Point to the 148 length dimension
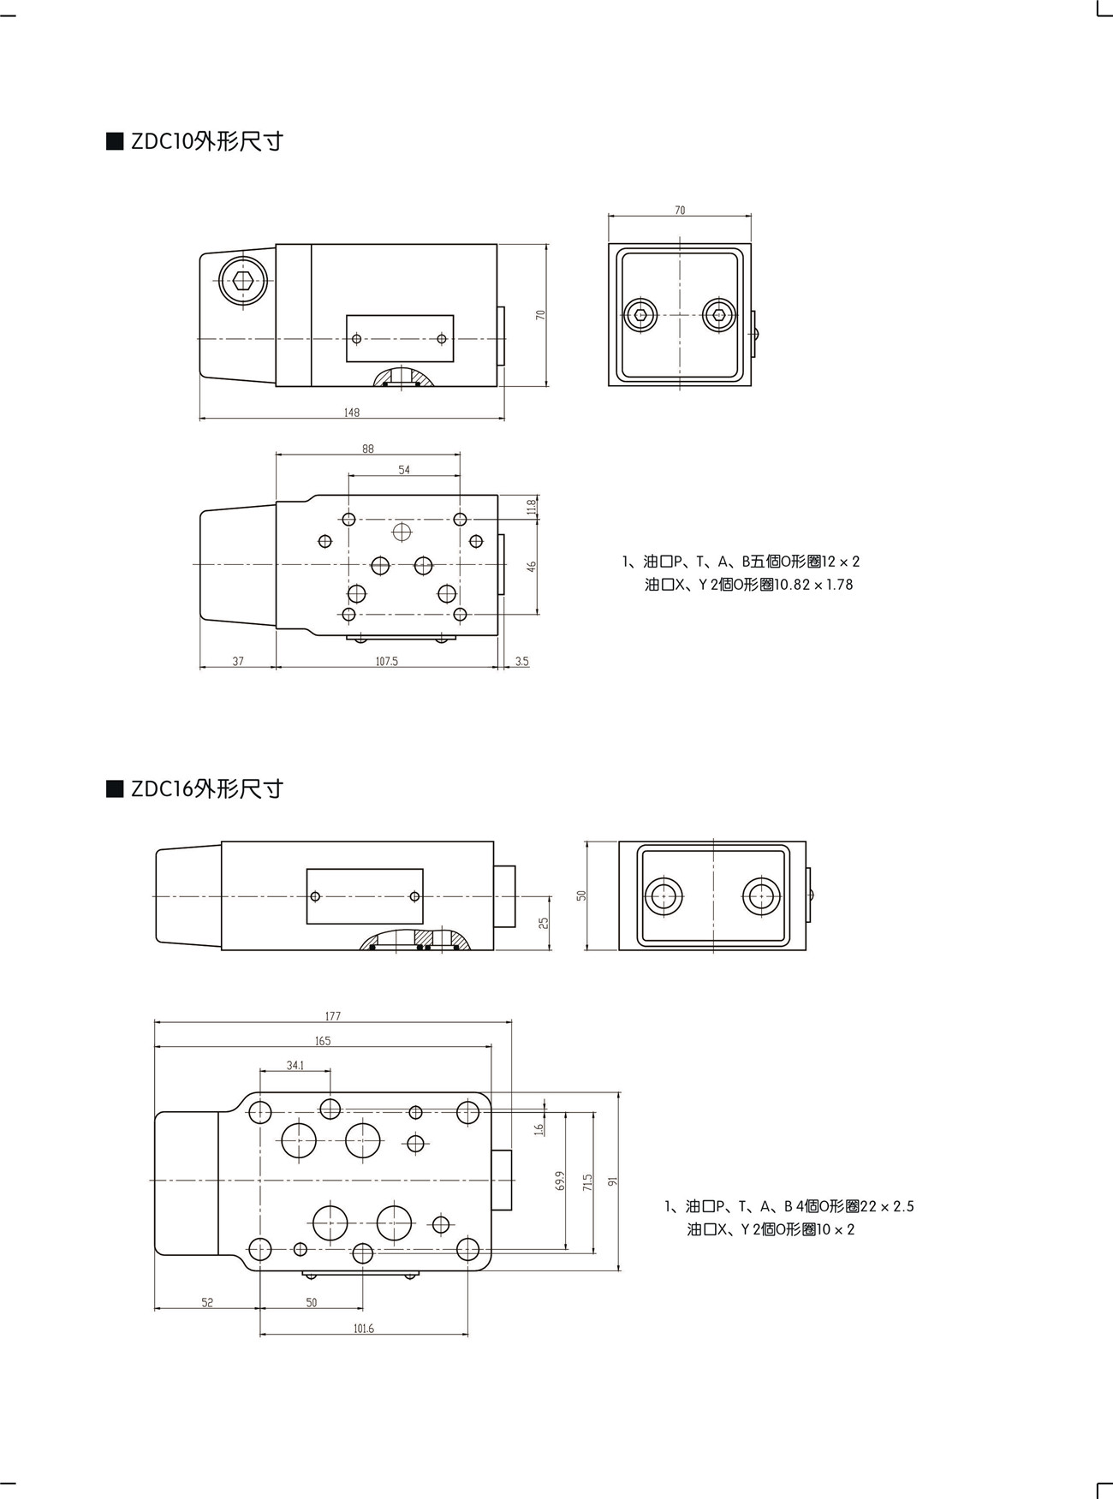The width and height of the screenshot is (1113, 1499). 352,413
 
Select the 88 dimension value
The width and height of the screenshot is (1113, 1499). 368,449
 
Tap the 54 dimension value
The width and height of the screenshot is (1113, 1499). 404,470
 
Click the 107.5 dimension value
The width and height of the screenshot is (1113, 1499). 386,662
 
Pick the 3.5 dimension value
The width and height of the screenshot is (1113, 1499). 522,662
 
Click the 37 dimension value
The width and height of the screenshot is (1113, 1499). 238,662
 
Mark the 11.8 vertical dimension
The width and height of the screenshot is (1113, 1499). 532,507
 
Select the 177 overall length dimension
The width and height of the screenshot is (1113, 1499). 333,1016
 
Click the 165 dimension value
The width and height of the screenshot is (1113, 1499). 322,1041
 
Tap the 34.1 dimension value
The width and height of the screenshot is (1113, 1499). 295,1066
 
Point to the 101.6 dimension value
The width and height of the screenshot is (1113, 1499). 363,1329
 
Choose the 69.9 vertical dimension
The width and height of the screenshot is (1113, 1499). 560,1181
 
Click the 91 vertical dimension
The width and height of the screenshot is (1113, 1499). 612,1181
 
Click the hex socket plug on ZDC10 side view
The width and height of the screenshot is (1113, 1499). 243,279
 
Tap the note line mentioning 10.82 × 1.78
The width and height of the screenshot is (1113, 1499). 749,586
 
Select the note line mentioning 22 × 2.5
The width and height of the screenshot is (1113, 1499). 789,1206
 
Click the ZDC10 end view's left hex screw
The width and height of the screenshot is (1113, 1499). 641,315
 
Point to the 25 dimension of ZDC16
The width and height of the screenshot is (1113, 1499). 544,922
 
